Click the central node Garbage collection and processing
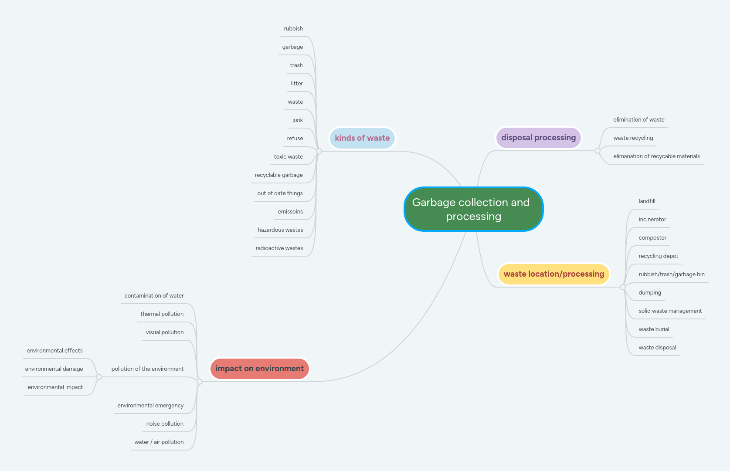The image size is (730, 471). [x=473, y=209]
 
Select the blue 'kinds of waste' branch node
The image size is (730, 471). [x=362, y=138]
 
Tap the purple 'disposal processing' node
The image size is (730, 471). [x=538, y=138]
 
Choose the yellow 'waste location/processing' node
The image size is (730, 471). [x=553, y=274]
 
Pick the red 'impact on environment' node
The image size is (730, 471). [x=259, y=369]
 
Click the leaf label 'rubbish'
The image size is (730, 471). [x=293, y=29]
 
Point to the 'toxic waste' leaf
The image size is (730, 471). [x=288, y=157]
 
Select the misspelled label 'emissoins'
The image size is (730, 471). [x=290, y=212]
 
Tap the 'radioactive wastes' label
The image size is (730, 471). [x=279, y=248]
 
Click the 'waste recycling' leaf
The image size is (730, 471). [x=633, y=138]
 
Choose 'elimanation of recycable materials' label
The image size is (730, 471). [x=656, y=156]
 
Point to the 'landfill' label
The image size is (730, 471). [x=647, y=201]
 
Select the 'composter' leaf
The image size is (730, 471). [x=652, y=238]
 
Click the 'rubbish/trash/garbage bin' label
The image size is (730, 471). [x=671, y=274]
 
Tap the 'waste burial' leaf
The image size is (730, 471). [x=654, y=329]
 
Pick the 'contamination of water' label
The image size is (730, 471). [x=154, y=296]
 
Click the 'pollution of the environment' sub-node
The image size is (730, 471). [x=147, y=369]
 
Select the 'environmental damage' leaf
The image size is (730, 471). [x=54, y=369]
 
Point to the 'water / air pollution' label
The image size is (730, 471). [x=159, y=442]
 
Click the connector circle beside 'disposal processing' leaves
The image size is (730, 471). [x=598, y=151]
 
